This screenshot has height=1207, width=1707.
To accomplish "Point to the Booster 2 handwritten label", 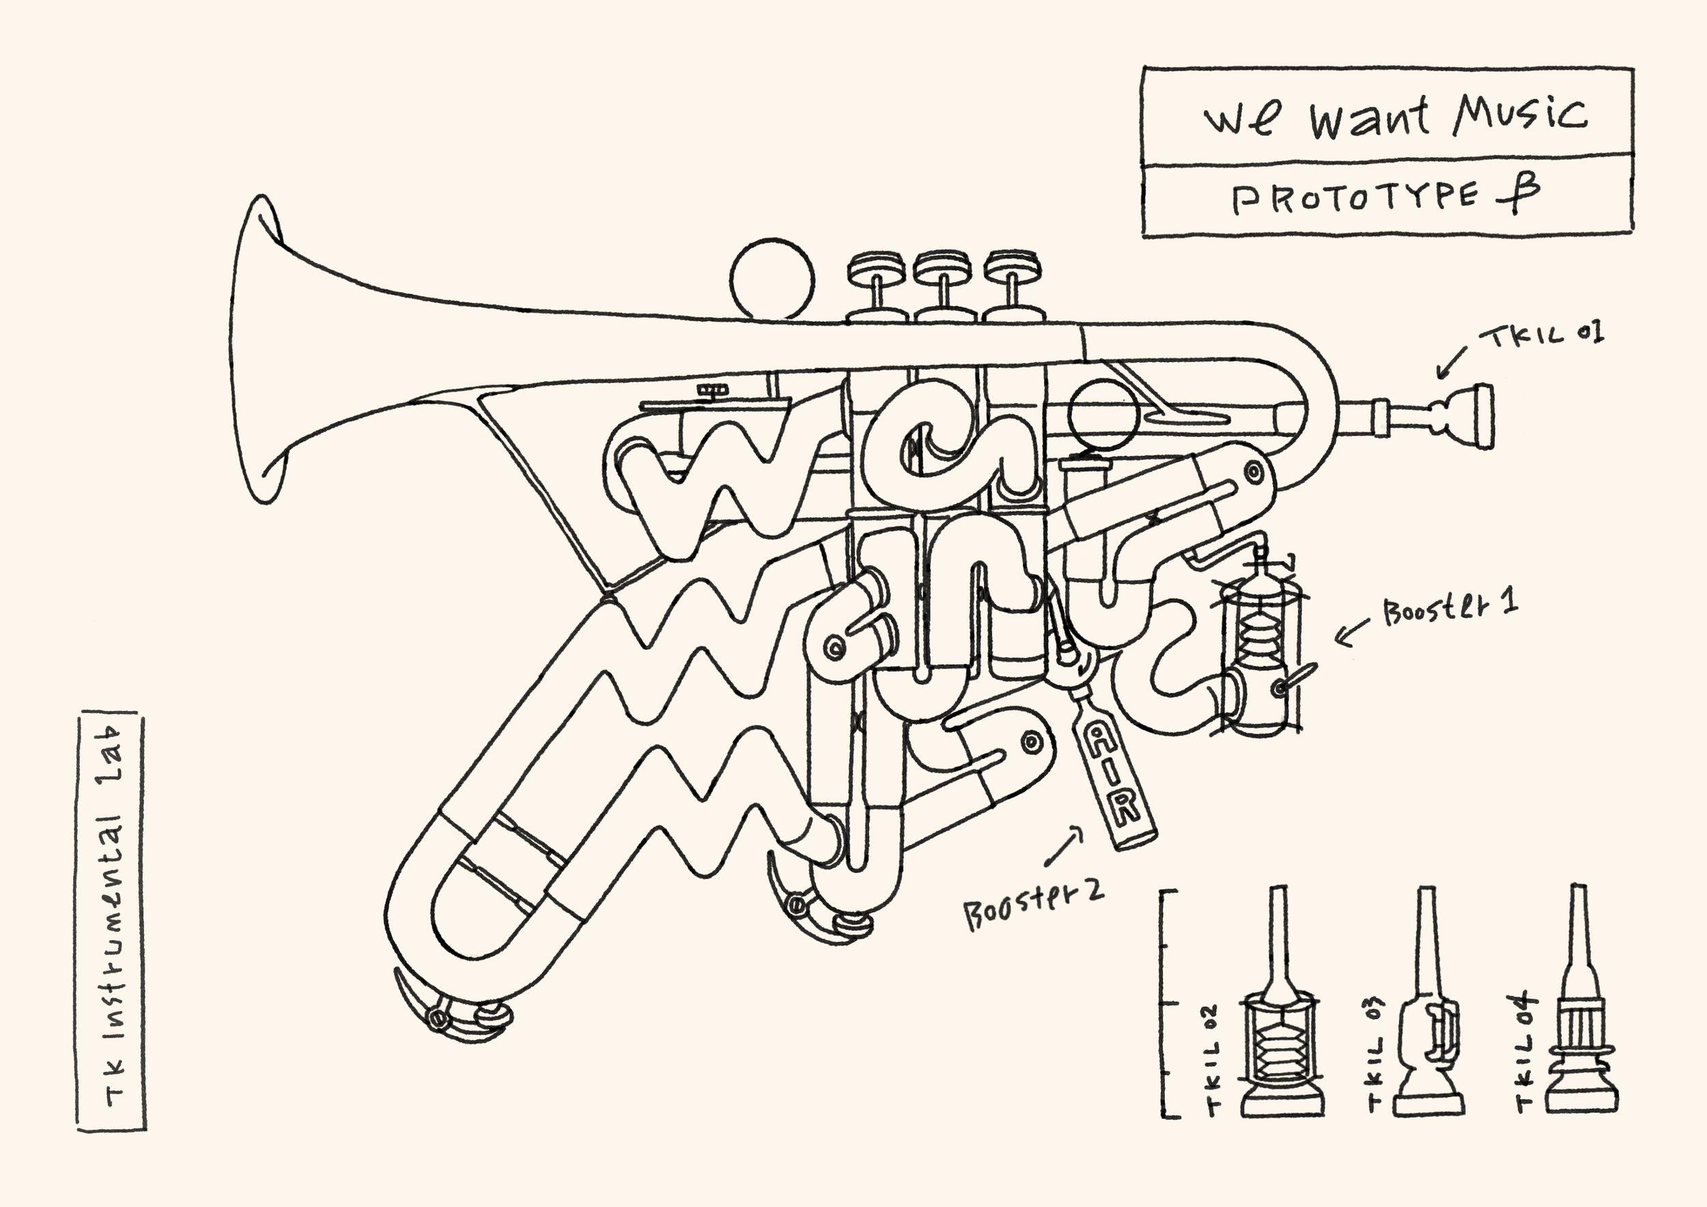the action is tap(1034, 905).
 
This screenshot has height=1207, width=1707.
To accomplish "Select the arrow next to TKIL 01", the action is tap(1450, 362).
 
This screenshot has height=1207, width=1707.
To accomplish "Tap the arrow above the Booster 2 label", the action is tap(1063, 848).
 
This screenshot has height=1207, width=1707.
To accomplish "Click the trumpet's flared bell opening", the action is tap(257, 350).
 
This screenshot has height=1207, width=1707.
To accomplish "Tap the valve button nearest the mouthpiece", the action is tap(1012, 266).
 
